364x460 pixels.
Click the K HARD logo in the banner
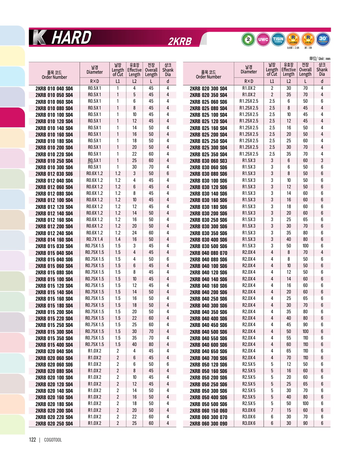[x=62, y=38]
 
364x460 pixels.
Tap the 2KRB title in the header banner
[x=180, y=41]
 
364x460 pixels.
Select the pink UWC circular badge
[x=263, y=39]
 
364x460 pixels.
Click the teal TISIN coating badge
[x=278, y=39]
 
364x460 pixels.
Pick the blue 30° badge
[x=323, y=39]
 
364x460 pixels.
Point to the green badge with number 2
[x=248, y=39]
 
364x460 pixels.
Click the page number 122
[x=32, y=440]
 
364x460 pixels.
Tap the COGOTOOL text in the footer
[x=53, y=440]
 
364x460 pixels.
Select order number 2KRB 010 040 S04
[x=54, y=88]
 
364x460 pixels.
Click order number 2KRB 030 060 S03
[x=208, y=161]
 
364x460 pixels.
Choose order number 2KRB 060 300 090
[x=208, y=423]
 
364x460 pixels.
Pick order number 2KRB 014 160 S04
[x=54, y=240]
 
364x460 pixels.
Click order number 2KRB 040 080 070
[x=208, y=253]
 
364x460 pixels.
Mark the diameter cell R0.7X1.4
[x=94, y=239]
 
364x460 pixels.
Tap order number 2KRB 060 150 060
[x=208, y=411]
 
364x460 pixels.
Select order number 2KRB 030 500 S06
[x=208, y=246]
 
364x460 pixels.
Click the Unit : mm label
[x=320, y=58]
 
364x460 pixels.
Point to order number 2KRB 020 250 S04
[x=54, y=423]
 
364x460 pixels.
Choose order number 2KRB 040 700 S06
[x=208, y=358]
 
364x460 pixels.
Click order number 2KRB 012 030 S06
[x=54, y=174]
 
